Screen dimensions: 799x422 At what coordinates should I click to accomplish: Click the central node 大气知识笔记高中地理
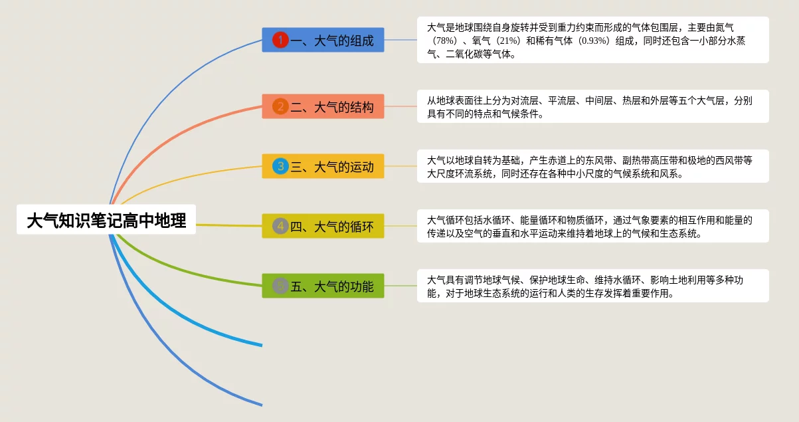[x=106, y=219]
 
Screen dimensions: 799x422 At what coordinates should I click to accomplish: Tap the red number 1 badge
[x=280, y=40]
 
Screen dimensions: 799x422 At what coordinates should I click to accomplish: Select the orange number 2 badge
[x=280, y=106]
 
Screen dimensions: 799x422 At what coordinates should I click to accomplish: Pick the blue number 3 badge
[x=280, y=166]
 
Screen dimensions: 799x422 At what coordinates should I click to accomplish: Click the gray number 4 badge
[x=280, y=226]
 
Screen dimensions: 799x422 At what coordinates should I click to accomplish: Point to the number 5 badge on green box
[x=280, y=286]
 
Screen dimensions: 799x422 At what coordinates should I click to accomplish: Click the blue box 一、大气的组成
[x=323, y=40]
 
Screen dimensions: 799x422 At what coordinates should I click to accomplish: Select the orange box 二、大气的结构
[x=323, y=106]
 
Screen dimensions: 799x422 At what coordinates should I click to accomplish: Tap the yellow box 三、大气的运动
[x=323, y=166]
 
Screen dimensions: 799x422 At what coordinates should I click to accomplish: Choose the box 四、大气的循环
[x=323, y=226]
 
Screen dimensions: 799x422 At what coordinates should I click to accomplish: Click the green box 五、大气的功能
[x=323, y=286]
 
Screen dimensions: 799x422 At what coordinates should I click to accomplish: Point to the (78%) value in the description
[x=445, y=41]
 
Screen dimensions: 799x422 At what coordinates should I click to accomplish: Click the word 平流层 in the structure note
[x=562, y=100]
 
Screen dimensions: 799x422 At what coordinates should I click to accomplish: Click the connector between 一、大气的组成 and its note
[x=400, y=40]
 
